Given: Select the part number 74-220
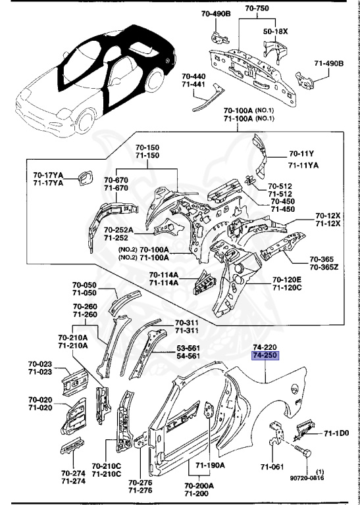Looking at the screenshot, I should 265,347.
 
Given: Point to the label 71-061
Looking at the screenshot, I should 272,467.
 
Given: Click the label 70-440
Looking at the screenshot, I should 194,76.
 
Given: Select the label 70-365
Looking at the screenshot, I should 323,259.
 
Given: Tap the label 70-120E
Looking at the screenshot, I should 287,279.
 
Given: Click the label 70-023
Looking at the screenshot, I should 40,364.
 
